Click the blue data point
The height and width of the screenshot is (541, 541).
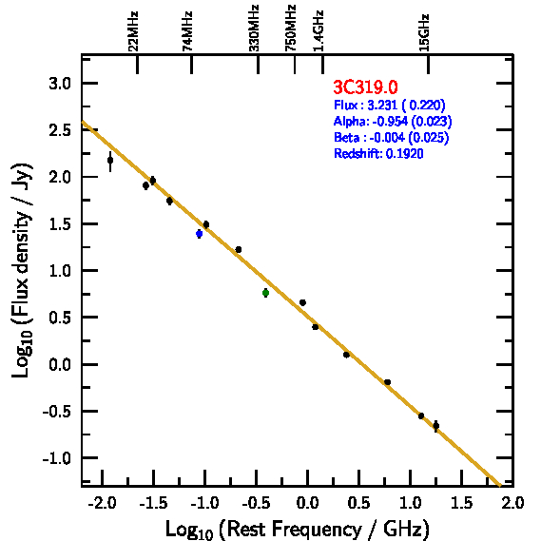click(x=199, y=234)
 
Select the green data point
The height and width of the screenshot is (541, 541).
click(x=265, y=293)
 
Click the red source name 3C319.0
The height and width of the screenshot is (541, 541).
click(x=365, y=87)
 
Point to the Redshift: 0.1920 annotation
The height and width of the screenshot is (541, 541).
click(x=378, y=153)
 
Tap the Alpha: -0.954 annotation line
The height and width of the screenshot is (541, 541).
click(x=393, y=121)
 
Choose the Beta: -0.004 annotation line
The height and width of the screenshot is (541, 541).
click(x=392, y=137)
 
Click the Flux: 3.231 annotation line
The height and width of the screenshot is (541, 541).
click(x=390, y=105)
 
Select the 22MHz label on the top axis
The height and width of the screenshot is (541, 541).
click(x=133, y=31)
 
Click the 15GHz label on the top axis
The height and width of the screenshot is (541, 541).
click(x=424, y=32)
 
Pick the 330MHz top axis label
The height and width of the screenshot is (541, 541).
click(x=254, y=29)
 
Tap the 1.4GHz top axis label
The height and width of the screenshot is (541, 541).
click(x=319, y=31)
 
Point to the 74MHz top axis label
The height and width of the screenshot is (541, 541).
click(x=187, y=31)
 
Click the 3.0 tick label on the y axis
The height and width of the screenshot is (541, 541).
click(x=60, y=84)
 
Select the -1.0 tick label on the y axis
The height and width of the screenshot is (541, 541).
click(x=57, y=458)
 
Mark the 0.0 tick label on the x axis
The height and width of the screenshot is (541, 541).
click(x=307, y=503)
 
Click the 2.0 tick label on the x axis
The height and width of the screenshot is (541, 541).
click(x=512, y=503)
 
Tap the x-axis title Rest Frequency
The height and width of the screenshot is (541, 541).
click(x=298, y=529)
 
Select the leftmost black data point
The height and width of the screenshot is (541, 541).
click(x=110, y=161)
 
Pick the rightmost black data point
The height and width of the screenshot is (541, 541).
click(x=436, y=426)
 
